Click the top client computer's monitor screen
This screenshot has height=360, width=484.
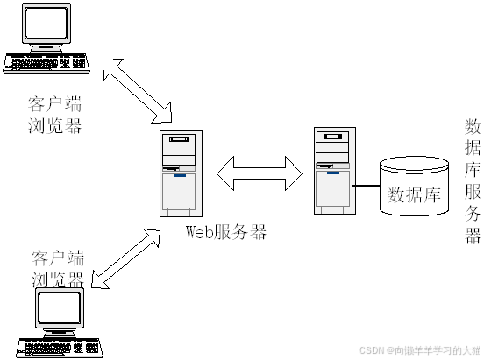[46, 23]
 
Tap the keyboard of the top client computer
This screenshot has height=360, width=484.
[46, 63]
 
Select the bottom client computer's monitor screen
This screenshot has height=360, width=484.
[60, 307]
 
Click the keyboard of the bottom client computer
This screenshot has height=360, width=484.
[60, 348]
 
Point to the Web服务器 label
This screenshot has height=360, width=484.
[226, 231]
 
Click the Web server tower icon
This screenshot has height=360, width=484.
[181, 173]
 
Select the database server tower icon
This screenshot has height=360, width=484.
[335, 171]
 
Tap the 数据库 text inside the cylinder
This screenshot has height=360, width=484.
[414, 194]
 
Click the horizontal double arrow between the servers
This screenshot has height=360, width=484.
[260, 173]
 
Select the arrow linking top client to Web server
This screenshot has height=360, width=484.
[138, 91]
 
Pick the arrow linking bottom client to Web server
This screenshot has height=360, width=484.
[126, 258]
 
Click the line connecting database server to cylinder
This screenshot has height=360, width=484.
[367, 186]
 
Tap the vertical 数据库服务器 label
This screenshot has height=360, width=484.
[473, 181]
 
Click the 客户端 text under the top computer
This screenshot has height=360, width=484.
[54, 104]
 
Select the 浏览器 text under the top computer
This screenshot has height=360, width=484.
[54, 125]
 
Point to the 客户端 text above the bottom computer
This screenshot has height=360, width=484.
[58, 258]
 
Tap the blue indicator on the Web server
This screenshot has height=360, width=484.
[180, 175]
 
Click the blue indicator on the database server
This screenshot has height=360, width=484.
[333, 173]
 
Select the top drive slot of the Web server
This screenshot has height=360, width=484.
[179, 139]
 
